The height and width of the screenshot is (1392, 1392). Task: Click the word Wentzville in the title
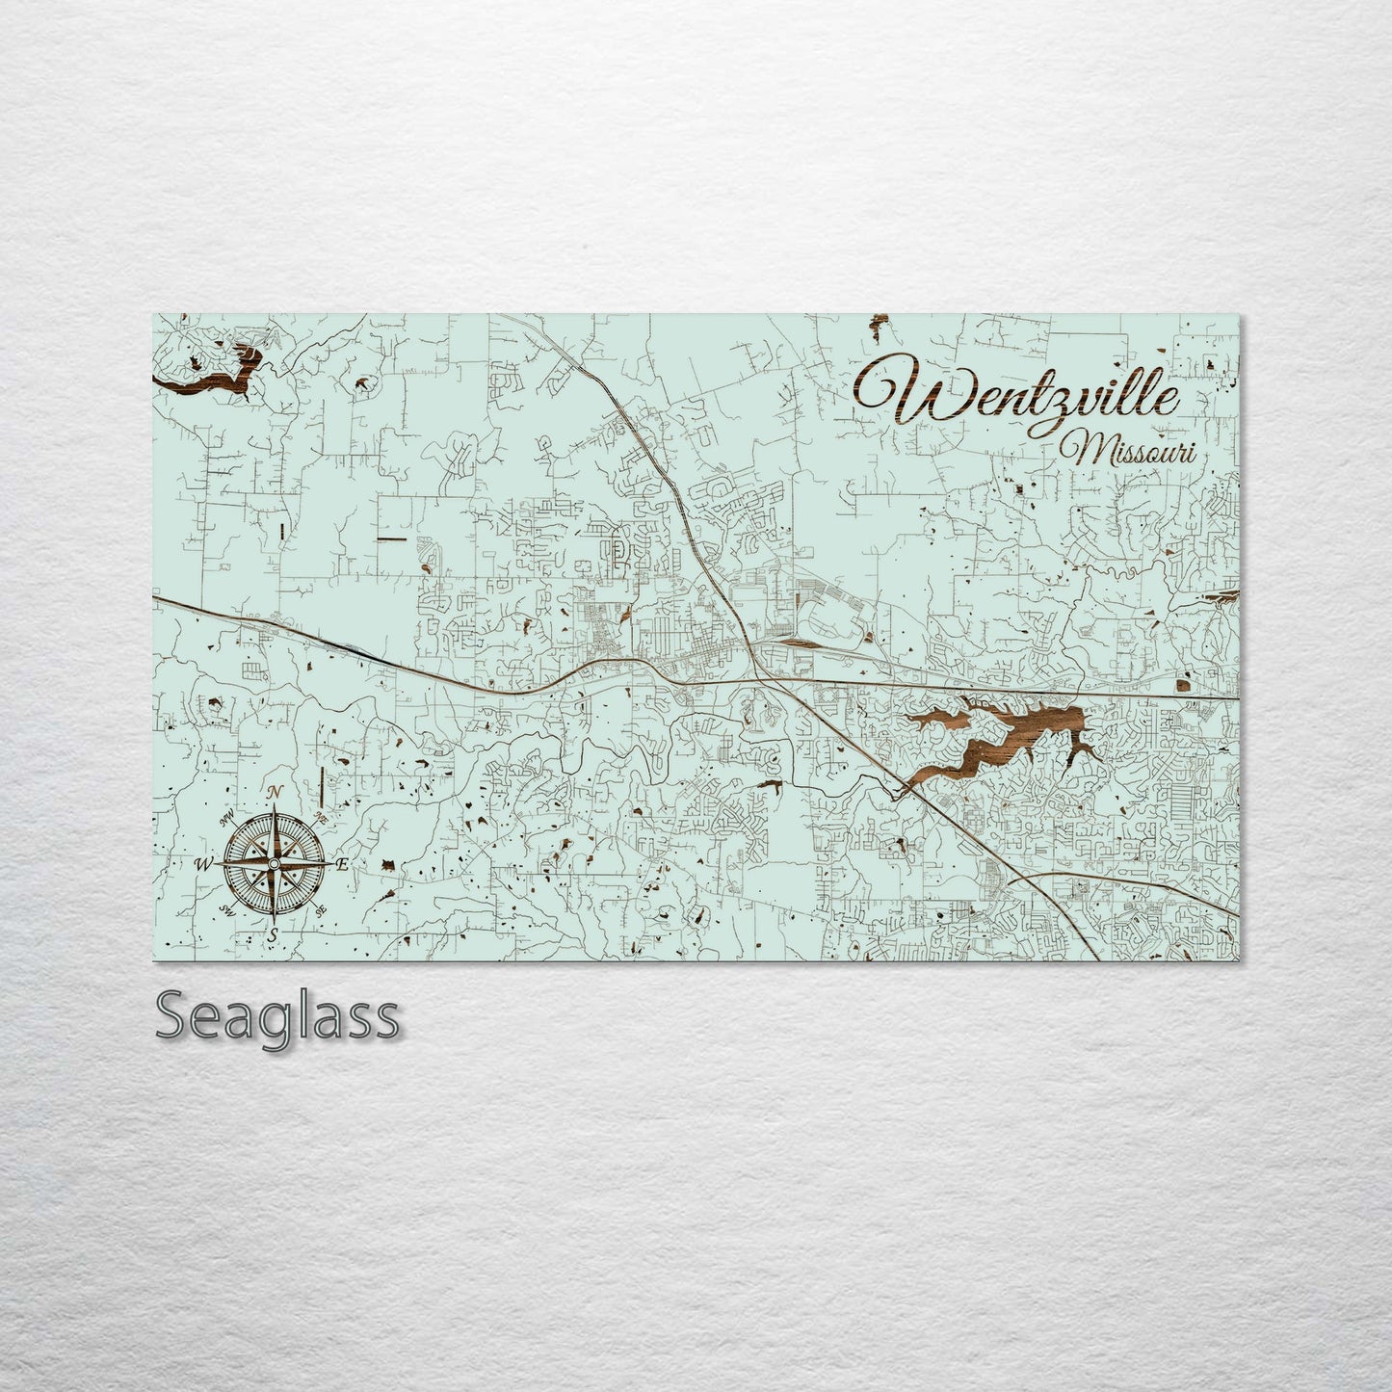point(1021,390)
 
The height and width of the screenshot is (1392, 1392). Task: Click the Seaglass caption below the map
point(276,1016)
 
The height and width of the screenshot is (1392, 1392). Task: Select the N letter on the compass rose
point(276,792)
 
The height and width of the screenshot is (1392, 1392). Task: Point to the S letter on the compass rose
point(273,933)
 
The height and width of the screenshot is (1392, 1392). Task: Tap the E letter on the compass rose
point(341,864)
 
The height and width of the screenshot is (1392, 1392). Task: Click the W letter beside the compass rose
point(204,863)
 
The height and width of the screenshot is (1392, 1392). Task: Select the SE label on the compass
point(320,909)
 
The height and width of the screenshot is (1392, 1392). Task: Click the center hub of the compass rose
point(274,863)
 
